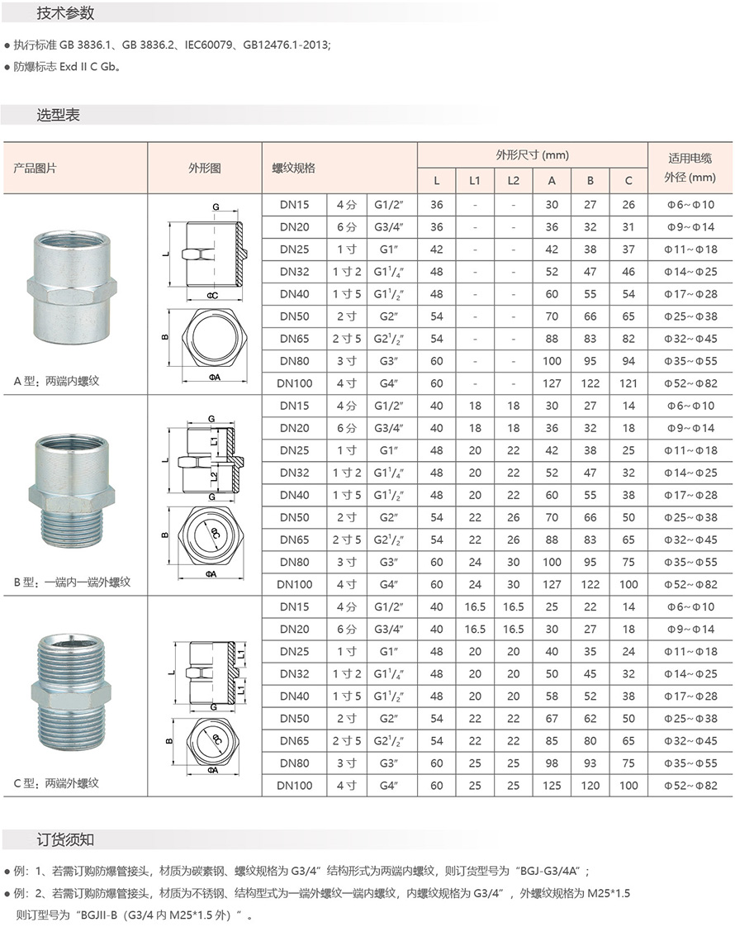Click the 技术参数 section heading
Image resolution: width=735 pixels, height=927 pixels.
coord(65,13)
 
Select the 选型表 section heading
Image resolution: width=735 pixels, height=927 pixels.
coord(58,115)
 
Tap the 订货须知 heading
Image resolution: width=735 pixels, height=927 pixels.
coord(65,839)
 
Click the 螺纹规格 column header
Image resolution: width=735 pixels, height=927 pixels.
coord(294,168)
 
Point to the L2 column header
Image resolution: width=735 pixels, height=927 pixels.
coord(513,180)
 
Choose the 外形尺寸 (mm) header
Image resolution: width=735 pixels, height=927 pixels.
coord(533,154)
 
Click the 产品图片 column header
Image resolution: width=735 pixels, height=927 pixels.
coord(35,168)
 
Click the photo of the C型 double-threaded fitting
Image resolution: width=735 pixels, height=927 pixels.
coord(71,691)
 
